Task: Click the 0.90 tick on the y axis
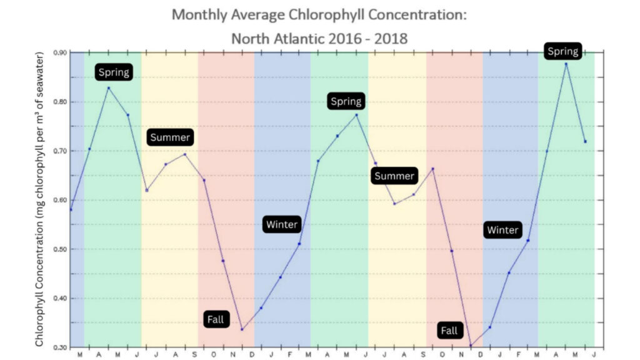pyautogui.click(x=60, y=52)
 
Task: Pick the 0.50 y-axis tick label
pyautogui.click(x=60, y=249)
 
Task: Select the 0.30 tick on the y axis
pyautogui.click(x=60, y=347)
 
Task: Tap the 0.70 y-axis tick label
pyautogui.click(x=60, y=151)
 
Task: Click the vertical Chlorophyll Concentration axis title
pyautogui.click(x=40, y=200)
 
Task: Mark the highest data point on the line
pyautogui.click(x=566, y=64)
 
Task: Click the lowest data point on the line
pyautogui.click(x=471, y=346)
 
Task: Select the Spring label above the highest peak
pyautogui.click(x=562, y=51)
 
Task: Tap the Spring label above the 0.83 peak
pyautogui.click(x=114, y=72)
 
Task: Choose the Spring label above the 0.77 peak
pyautogui.click(x=346, y=101)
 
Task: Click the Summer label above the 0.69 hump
pyautogui.click(x=169, y=137)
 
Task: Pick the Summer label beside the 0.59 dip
pyautogui.click(x=394, y=176)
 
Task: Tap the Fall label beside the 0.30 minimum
pyautogui.click(x=449, y=331)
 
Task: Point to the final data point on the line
pyautogui.click(x=585, y=141)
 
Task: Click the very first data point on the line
pyautogui.click(x=71, y=209)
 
